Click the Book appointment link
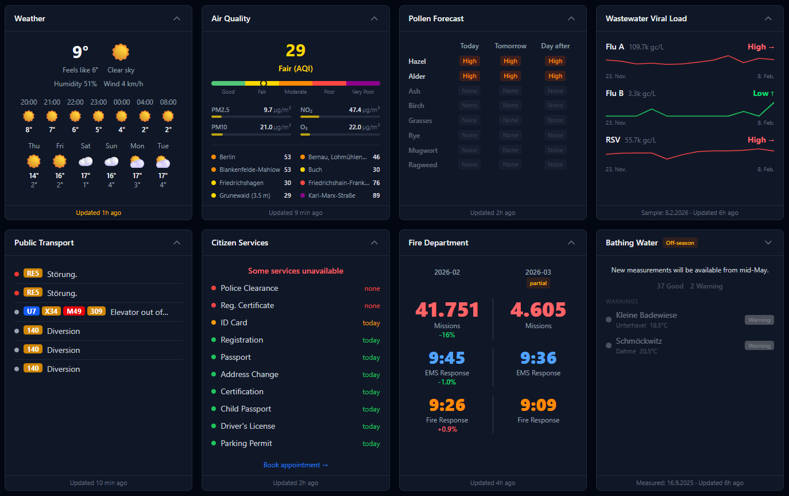[296, 465]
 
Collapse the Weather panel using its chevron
[177, 18]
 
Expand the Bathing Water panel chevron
[768, 243]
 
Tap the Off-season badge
[680, 243]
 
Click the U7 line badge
[32, 312]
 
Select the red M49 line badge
[74, 312]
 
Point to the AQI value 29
[296, 51]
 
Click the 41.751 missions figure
[447, 310]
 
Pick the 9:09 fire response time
[538, 405]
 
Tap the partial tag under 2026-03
[538, 283]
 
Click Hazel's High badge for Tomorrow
[510, 61]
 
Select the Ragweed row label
[423, 165]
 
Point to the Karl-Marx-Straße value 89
[376, 195]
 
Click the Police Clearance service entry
[249, 288]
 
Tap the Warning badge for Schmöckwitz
[759, 346]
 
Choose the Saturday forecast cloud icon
[86, 162]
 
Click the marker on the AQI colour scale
[264, 83]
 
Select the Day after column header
[555, 46]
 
